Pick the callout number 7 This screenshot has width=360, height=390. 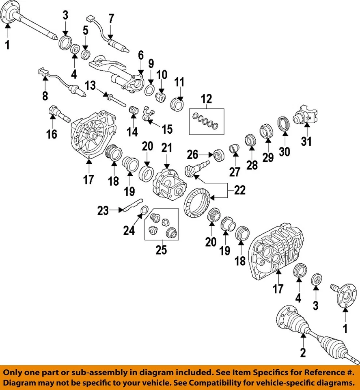point(110,18)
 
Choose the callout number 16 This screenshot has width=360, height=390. point(52,134)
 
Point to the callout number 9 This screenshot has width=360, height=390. point(151,64)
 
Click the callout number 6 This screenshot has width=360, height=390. point(141,54)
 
